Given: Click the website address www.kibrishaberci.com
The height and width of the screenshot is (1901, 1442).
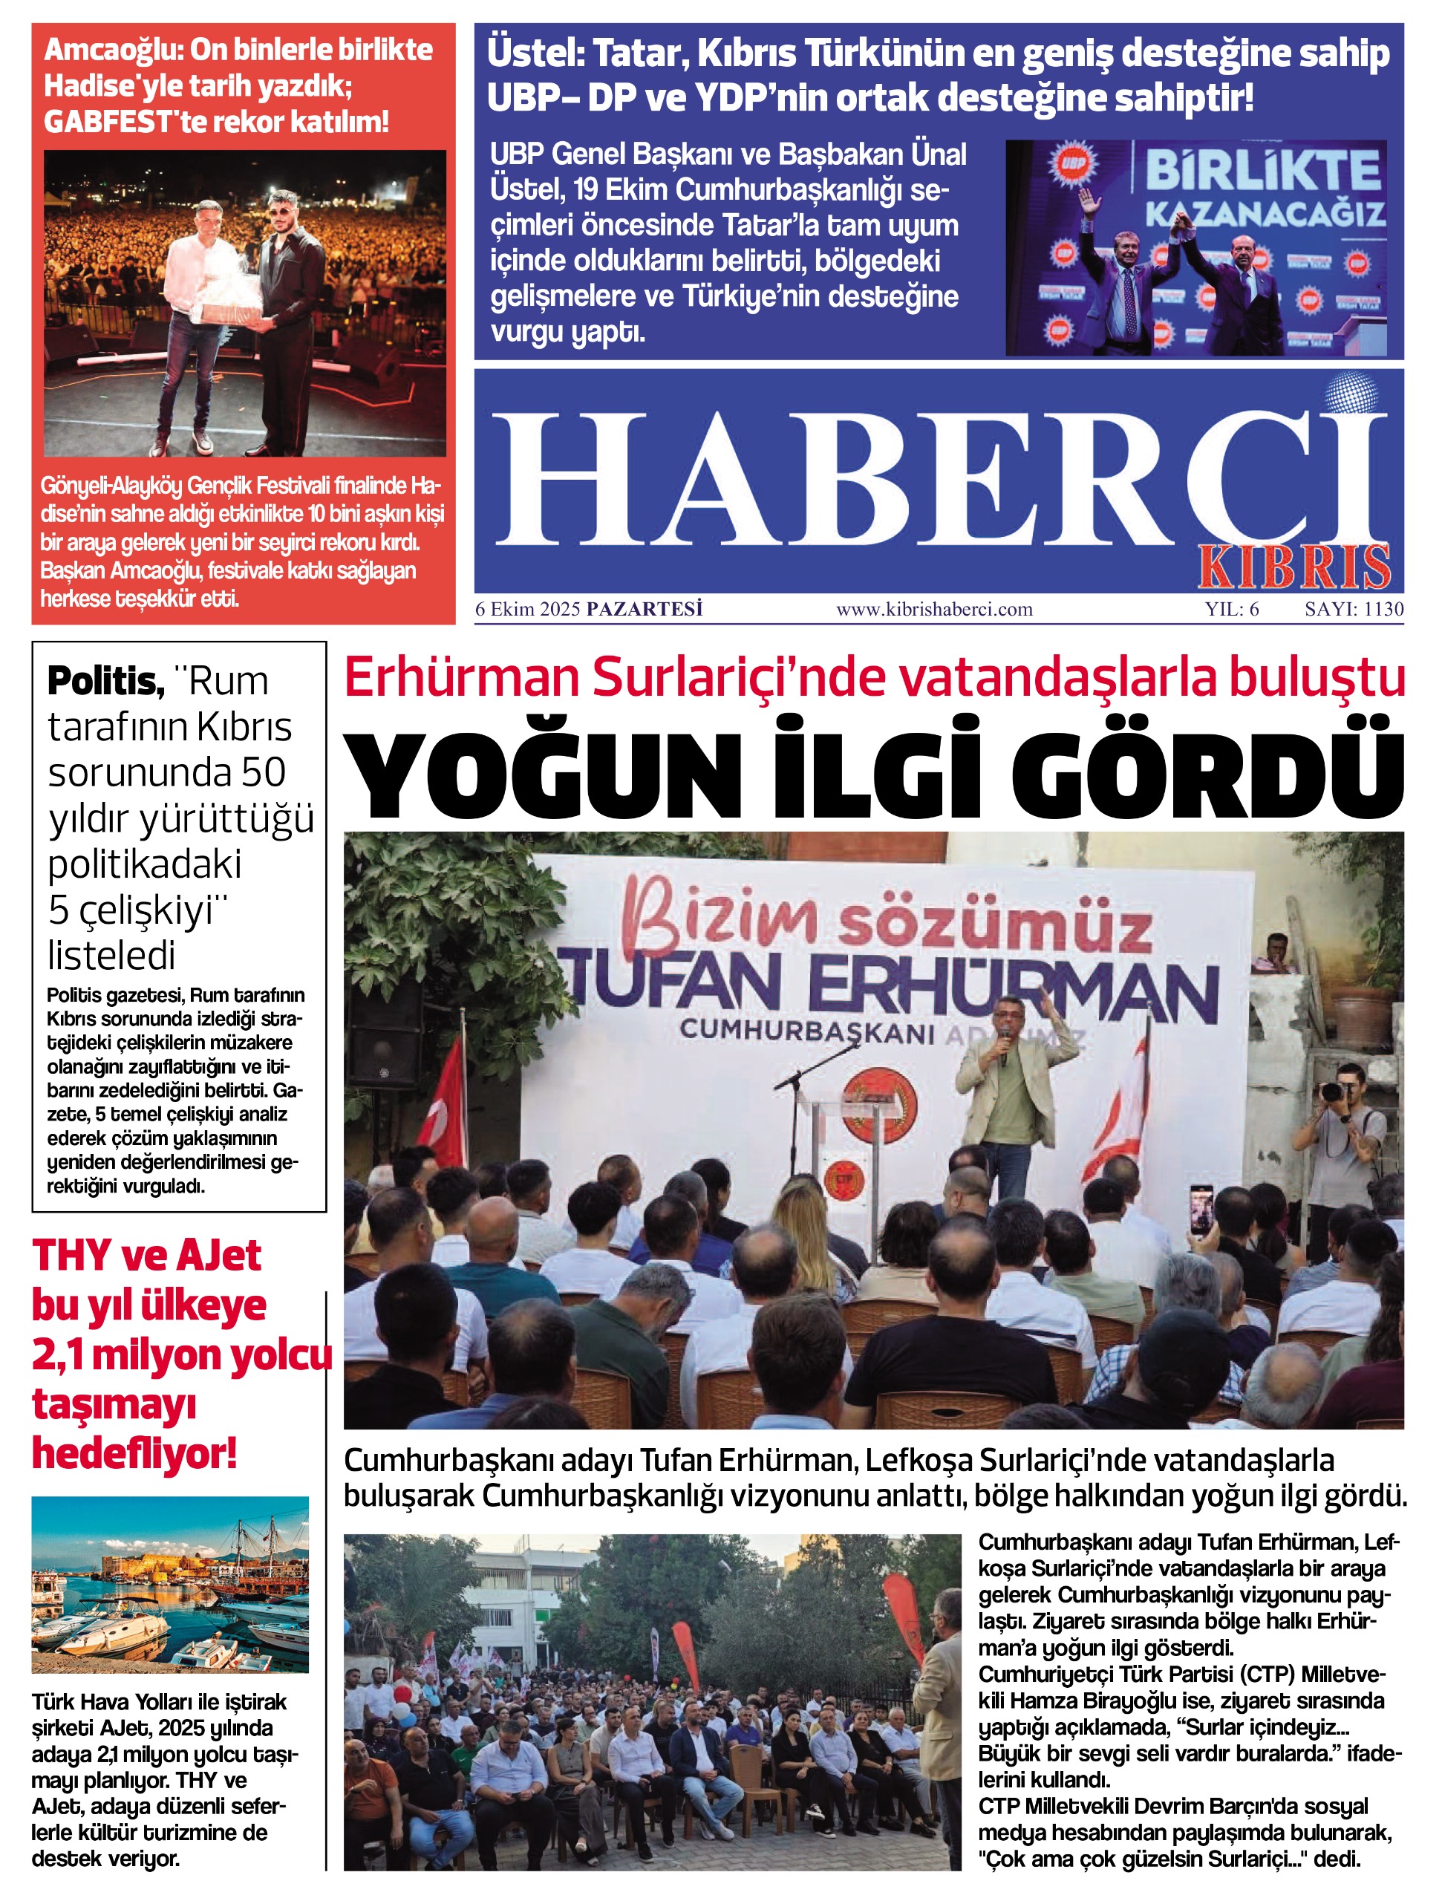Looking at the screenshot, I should pyautogui.click(x=934, y=610).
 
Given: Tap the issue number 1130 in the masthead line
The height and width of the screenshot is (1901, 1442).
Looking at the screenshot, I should pyautogui.click(x=1383, y=610).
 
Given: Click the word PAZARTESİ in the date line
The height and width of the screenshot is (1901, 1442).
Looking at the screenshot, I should pyautogui.click(x=645, y=610).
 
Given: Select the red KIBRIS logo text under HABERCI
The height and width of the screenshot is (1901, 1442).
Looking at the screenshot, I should pyautogui.click(x=1294, y=567).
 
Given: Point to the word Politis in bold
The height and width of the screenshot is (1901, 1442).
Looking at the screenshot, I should pyautogui.click(x=105, y=681).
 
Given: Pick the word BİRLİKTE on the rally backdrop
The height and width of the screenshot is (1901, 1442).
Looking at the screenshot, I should pyautogui.click(x=1263, y=171).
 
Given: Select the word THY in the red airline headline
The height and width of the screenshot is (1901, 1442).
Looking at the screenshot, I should pyautogui.click(x=72, y=1256).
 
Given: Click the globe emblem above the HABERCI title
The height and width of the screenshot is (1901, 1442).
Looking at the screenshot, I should pyautogui.click(x=1351, y=394).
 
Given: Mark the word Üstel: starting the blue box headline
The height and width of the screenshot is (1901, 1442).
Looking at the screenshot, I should pyautogui.click(x=535, y=53).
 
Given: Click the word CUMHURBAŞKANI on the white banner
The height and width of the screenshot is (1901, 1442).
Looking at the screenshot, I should pyautogui.click(x=806, y=1031).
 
